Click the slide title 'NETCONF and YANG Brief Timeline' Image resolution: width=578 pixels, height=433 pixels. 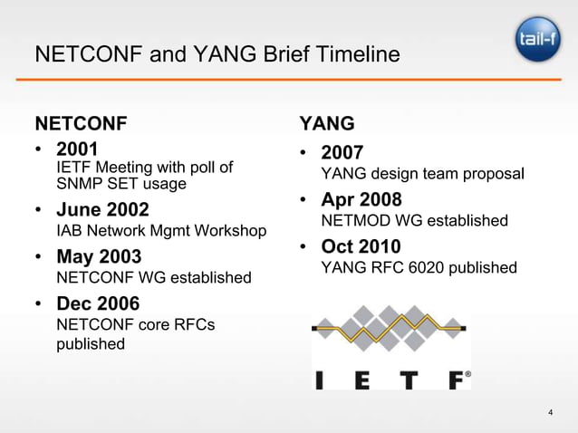tap(217, 55)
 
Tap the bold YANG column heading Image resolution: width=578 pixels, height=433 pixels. tap(326, 122)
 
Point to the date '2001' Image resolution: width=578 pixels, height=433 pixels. tap(77, 149)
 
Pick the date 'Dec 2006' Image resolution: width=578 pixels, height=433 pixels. tap(100, 303)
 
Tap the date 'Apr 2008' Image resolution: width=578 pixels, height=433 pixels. tap(361, 199)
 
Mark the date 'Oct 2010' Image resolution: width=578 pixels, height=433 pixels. tap(361, 246)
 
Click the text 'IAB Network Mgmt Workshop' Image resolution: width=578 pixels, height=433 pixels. tap(161, 231)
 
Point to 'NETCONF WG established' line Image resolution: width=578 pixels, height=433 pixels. tap(153, 276)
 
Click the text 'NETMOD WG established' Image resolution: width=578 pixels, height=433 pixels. tap(415, 221)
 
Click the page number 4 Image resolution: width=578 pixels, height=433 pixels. tap(551, 415)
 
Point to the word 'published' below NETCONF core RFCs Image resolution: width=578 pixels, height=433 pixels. tap(91, 344)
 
